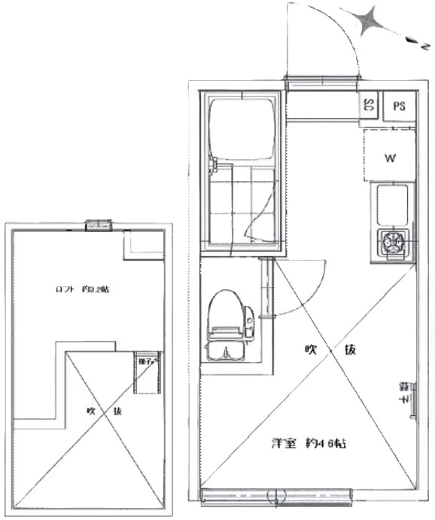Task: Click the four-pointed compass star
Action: [370, 21]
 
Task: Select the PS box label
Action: [398, 106]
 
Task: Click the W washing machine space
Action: [390, 157]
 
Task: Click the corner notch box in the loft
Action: [142, 243]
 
